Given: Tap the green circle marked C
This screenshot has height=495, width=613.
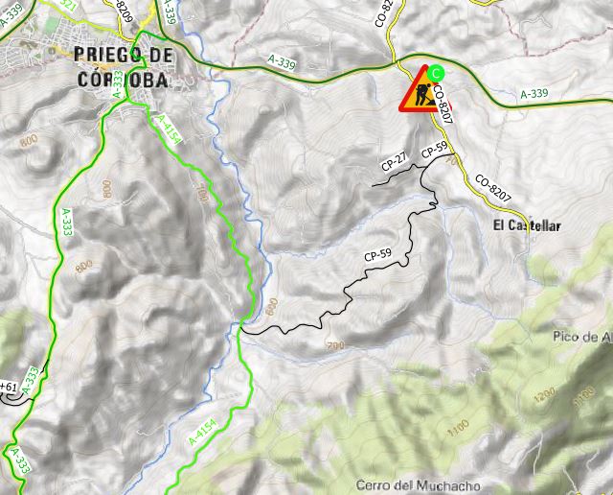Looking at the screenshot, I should coord(437,72).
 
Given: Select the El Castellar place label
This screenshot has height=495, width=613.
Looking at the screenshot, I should coord(527,226).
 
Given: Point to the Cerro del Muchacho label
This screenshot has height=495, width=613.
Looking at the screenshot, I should coord(418,485).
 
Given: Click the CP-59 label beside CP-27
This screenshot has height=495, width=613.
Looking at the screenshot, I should coord(434,151).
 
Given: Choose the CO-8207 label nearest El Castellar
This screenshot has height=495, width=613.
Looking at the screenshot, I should coord(493,189).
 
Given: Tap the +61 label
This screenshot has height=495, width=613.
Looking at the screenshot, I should coord(9,387).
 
